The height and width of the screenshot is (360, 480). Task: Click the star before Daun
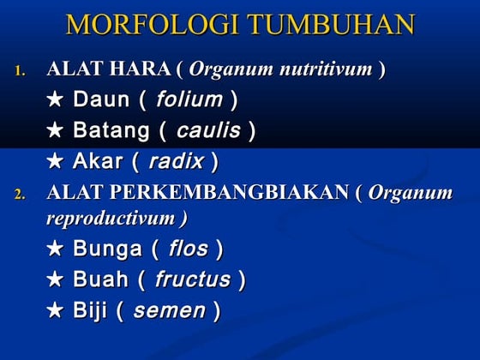pos(56,100)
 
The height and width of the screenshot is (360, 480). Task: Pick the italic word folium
pos(189,99)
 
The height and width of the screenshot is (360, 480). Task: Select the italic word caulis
pos(207,131)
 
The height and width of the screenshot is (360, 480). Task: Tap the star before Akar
pos(56,162)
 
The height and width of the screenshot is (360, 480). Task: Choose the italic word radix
pos(176,161)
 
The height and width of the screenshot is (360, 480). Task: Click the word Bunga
pos(107,249)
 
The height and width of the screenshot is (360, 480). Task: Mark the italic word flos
pos(188,249)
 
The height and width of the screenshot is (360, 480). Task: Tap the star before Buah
pos(56,280)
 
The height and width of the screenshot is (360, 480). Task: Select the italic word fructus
pos(193,279)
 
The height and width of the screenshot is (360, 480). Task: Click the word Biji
pos(90,310)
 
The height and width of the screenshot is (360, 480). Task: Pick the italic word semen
pos(169,310)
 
